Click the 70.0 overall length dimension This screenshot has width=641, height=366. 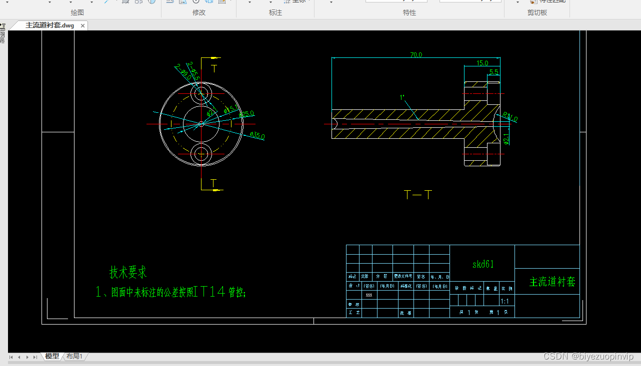416,55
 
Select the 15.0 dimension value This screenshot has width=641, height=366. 482,63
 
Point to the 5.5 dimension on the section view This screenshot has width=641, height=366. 493,72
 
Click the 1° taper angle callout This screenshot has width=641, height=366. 401,97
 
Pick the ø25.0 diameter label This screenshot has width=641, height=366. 246,114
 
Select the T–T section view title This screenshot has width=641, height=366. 417,195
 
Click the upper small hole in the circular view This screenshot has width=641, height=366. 201,93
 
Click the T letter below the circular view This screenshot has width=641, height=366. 213,183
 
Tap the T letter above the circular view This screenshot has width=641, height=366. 214,68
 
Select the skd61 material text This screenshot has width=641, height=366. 483,264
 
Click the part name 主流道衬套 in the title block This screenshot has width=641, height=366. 552,282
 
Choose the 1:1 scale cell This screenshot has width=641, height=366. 504,301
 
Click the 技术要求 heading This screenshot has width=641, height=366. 128,273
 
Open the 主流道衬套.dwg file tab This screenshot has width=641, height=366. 49,25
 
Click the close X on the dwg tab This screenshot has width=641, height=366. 82,25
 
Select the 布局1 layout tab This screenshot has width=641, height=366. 74,356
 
